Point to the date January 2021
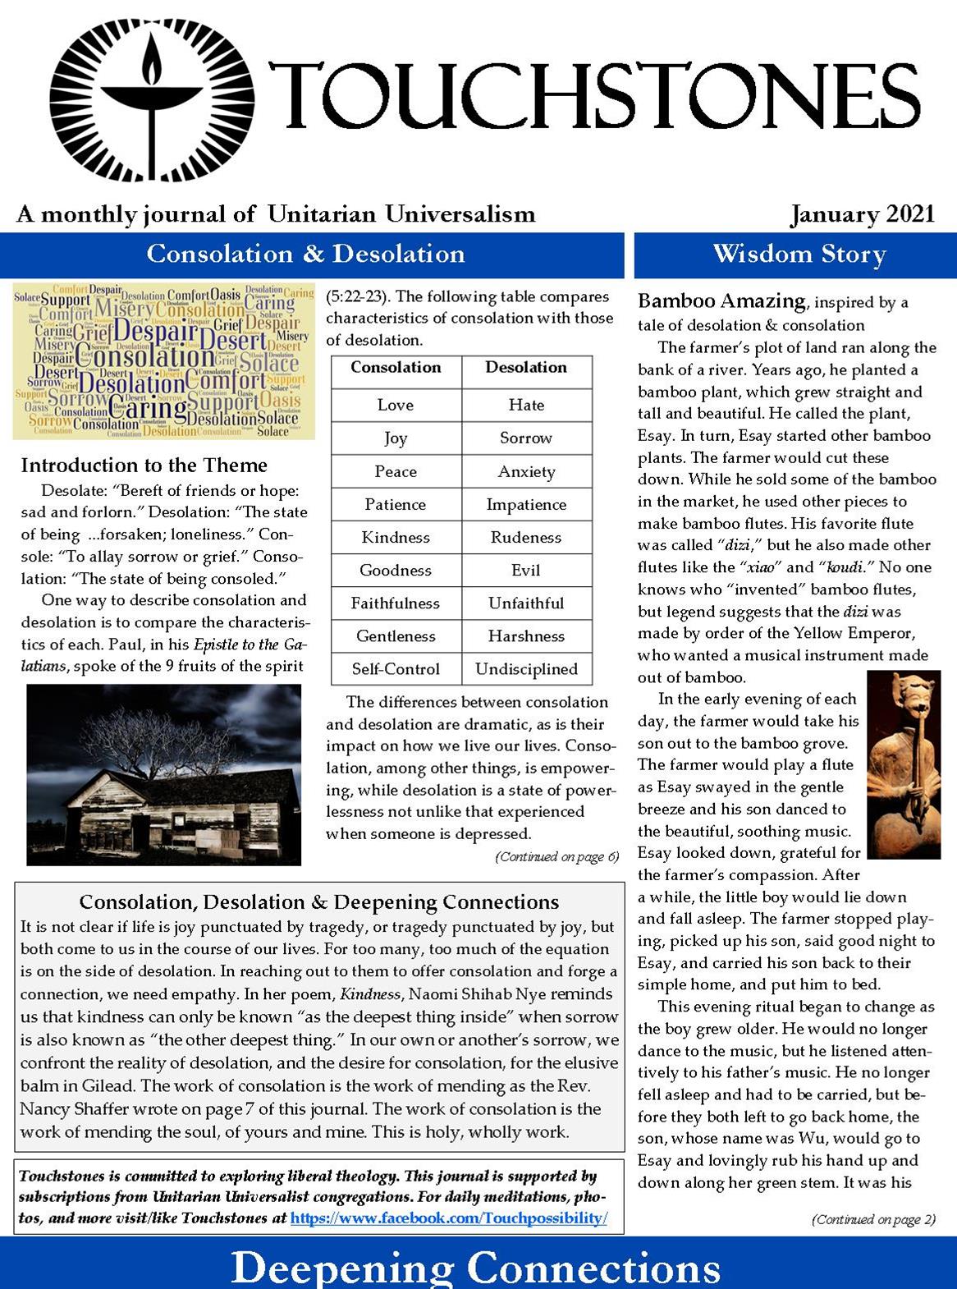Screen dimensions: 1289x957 (862, 214)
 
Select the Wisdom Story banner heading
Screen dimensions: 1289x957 (799, 254)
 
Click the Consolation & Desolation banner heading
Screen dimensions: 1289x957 (305, 254)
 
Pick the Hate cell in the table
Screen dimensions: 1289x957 (526, 405)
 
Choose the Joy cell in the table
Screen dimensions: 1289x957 (396, 438)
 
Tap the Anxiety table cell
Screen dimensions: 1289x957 (526, 471)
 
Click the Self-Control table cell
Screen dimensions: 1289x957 (396, 669)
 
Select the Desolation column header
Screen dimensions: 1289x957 (526, 368)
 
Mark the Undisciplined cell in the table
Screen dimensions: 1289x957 (526, 669)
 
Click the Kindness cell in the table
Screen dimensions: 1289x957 (396, 537)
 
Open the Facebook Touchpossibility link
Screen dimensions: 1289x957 (448, 1218)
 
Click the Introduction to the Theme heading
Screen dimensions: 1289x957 (144, 466)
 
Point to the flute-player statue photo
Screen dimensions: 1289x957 (903, 764)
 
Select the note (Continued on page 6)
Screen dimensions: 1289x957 (556, 857)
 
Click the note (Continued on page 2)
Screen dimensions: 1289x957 (873, 1219)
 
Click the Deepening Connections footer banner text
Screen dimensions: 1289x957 (476, 1267)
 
